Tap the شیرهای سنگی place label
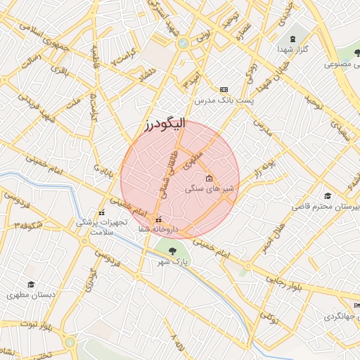coord(209,188)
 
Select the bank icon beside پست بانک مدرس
coord(224,89)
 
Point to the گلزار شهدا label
coord(292,51)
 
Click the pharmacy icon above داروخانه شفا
coord(158,219)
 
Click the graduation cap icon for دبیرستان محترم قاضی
coord(327,196)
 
